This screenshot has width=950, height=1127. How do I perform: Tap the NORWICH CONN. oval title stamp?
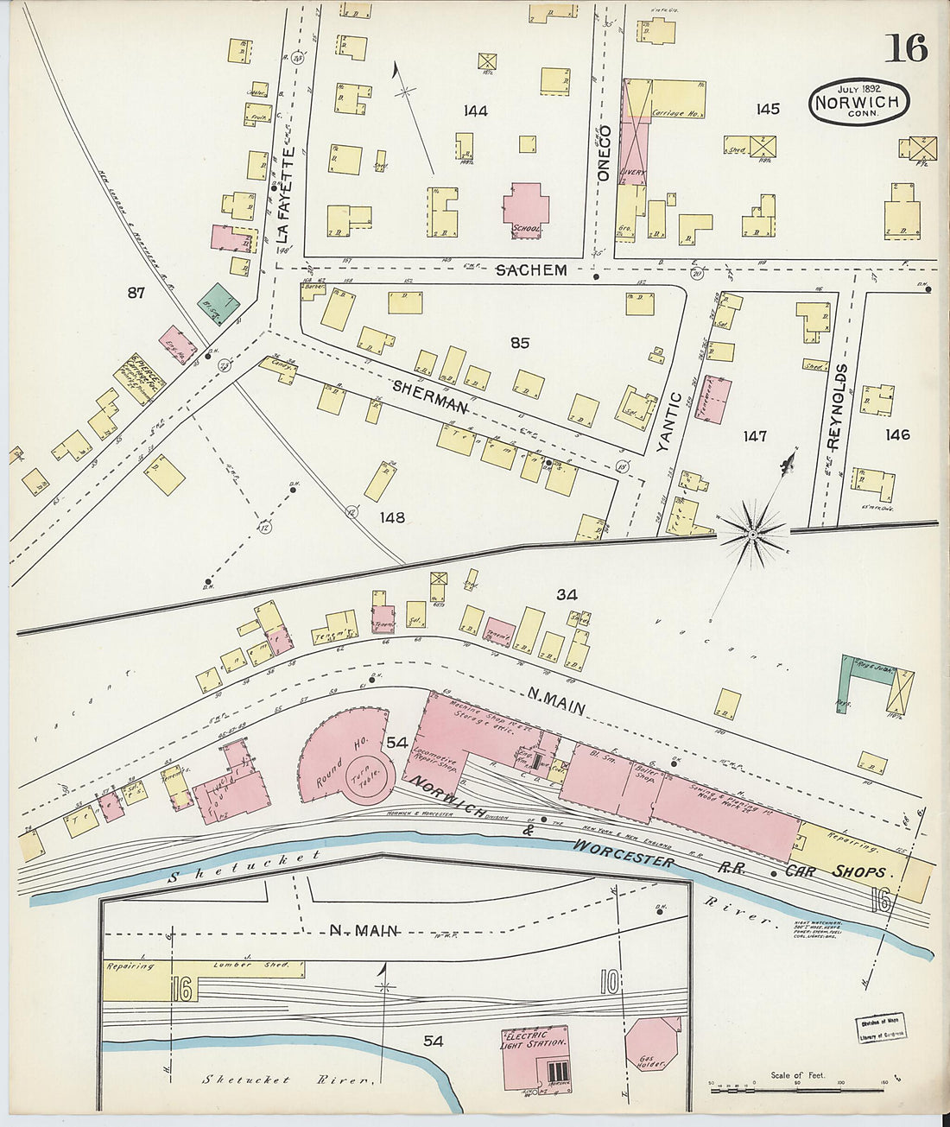click(x=858, y=102)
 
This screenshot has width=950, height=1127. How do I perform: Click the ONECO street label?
click(x=605, y=154)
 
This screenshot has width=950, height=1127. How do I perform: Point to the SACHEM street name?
click(x=531, y=270)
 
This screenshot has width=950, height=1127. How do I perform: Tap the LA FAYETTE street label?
click(x=287, y=194)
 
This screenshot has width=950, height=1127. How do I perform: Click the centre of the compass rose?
click(x=752, y=535)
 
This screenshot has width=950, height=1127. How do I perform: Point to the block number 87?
click(x=136, y=293)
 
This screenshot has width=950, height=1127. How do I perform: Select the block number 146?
click(x=897, y=434)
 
